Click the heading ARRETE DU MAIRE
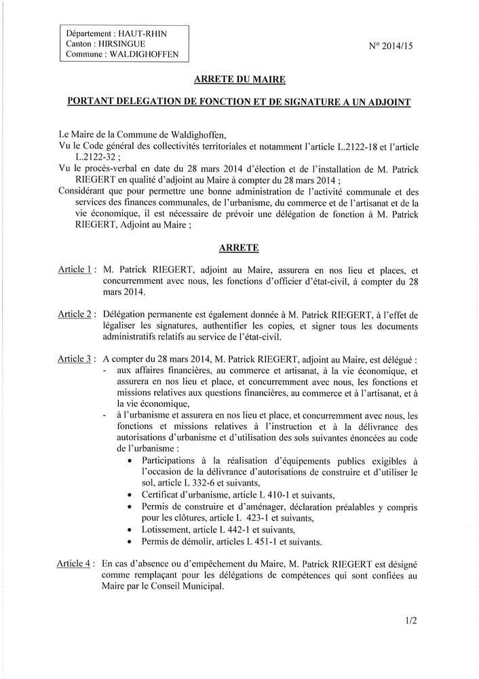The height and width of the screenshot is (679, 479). tap(240, 79)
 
